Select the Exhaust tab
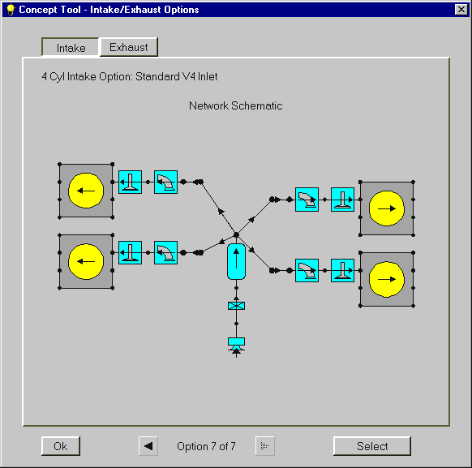[128, 47]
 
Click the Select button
[372, 446]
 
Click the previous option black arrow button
[148, 446]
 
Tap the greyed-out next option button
[265, 446]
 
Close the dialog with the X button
[461, 10]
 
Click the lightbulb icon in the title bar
[11, 10]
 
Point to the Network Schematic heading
[235, 105]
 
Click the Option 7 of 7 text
[206, 446]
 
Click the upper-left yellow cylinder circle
[86, 191]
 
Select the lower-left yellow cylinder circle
[86, 261]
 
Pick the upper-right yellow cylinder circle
[387, 208]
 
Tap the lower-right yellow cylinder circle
[387, 279]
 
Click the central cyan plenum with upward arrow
[236, 261]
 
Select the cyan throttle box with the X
[236, 306]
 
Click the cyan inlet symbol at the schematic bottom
[236, 345]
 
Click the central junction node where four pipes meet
[236, 234]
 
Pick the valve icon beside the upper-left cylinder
[130, 182]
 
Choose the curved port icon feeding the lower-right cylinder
[307, 271]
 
